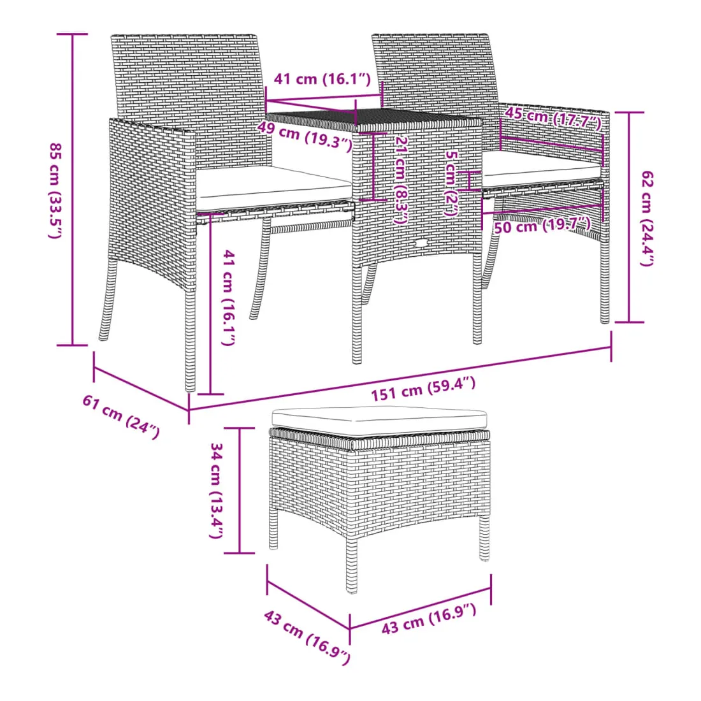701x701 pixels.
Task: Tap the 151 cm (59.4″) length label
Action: [423, 389]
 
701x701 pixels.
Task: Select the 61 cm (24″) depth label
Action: [120, 417]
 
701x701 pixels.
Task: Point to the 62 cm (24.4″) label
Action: [647, 219]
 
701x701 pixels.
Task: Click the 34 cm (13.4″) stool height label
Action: [217, 491]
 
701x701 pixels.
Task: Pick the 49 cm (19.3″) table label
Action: [305, 136]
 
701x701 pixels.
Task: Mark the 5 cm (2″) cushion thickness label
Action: [452, 184]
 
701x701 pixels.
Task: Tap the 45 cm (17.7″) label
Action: [553, 118]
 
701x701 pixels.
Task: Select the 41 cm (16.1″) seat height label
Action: [229, 298]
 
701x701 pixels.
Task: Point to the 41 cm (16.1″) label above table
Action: [322, 79]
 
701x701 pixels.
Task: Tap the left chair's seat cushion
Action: [273, 188]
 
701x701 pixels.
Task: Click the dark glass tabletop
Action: [375, 120]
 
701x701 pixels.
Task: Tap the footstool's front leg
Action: [351, 563]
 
